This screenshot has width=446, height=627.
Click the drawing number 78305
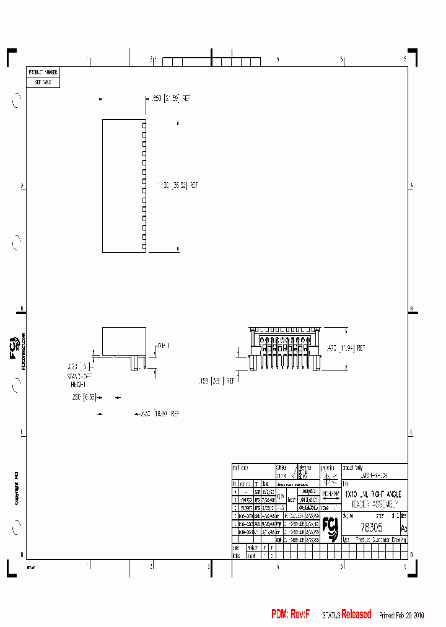click(371, 527)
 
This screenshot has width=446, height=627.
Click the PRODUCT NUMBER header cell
click(43, 72)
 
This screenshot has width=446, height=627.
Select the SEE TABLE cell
click(43, 82)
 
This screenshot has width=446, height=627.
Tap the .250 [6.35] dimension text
click(82, 397)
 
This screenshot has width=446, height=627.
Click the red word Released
click(356, 614)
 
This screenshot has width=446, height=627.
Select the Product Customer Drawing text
click(380, 540)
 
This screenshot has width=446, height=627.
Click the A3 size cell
click(404, 528)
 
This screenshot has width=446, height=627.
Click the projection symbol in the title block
click(329, 478)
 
